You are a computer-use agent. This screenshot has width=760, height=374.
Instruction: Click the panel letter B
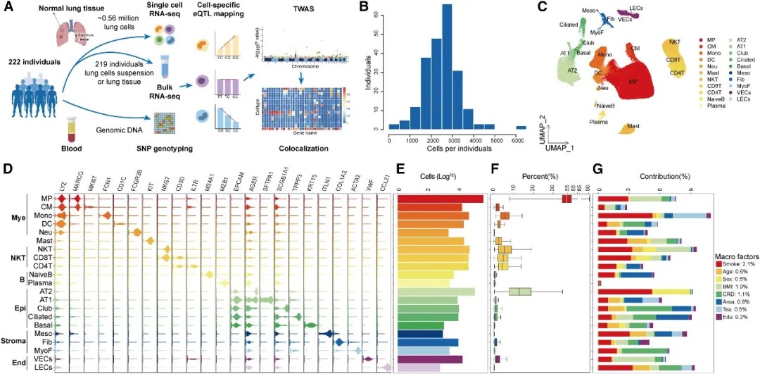[364, 9]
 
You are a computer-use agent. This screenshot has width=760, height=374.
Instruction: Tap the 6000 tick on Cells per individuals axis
[521, 140]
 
